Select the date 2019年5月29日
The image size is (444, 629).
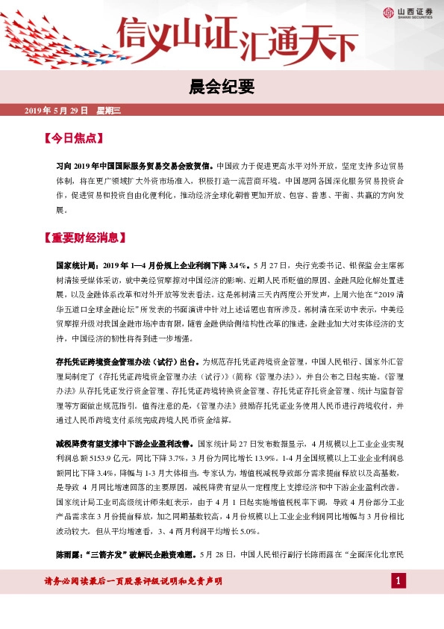pyautogui.click(x=57, y=111)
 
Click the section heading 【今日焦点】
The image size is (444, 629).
pyautogui.click(x=73, y=138)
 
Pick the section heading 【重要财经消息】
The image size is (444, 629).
pyautogui.click(x=84, y=238)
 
